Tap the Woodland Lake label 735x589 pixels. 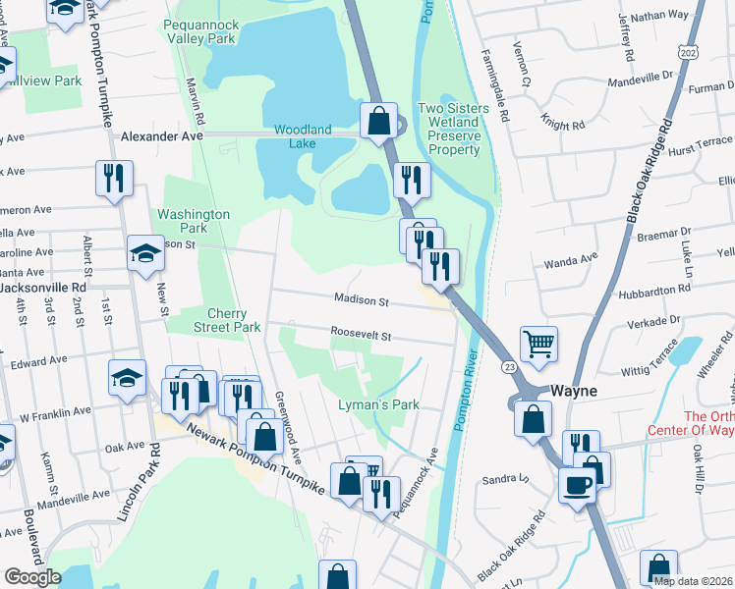tap(303, 136)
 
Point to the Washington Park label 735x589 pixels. tap(194, 221)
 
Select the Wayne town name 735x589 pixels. tap(573, 390)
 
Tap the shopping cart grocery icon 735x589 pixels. tap(538, 344)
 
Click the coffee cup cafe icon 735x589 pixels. tap(577, 483)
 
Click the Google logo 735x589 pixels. tap(32, 576)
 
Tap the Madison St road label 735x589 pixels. tap(362, 300)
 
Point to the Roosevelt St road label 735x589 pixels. tap(361, 335)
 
